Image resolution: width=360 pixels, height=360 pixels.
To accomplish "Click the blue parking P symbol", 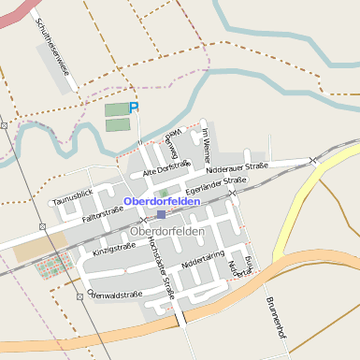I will (133, 108).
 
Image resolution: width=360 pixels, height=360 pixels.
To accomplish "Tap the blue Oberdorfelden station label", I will (161, 201).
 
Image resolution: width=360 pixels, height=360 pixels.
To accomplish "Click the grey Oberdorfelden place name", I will (167, 231).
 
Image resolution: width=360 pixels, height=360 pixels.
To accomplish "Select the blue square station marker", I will (161, 214).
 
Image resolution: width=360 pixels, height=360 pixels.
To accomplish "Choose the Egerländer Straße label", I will (217, 184).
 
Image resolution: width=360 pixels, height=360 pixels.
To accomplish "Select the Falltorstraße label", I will (103, 216).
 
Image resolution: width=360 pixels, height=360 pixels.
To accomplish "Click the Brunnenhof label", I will (274, 318).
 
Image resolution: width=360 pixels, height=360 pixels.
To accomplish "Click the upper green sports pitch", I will (116, 109).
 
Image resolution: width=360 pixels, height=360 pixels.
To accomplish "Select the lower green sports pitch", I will (116, 124).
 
